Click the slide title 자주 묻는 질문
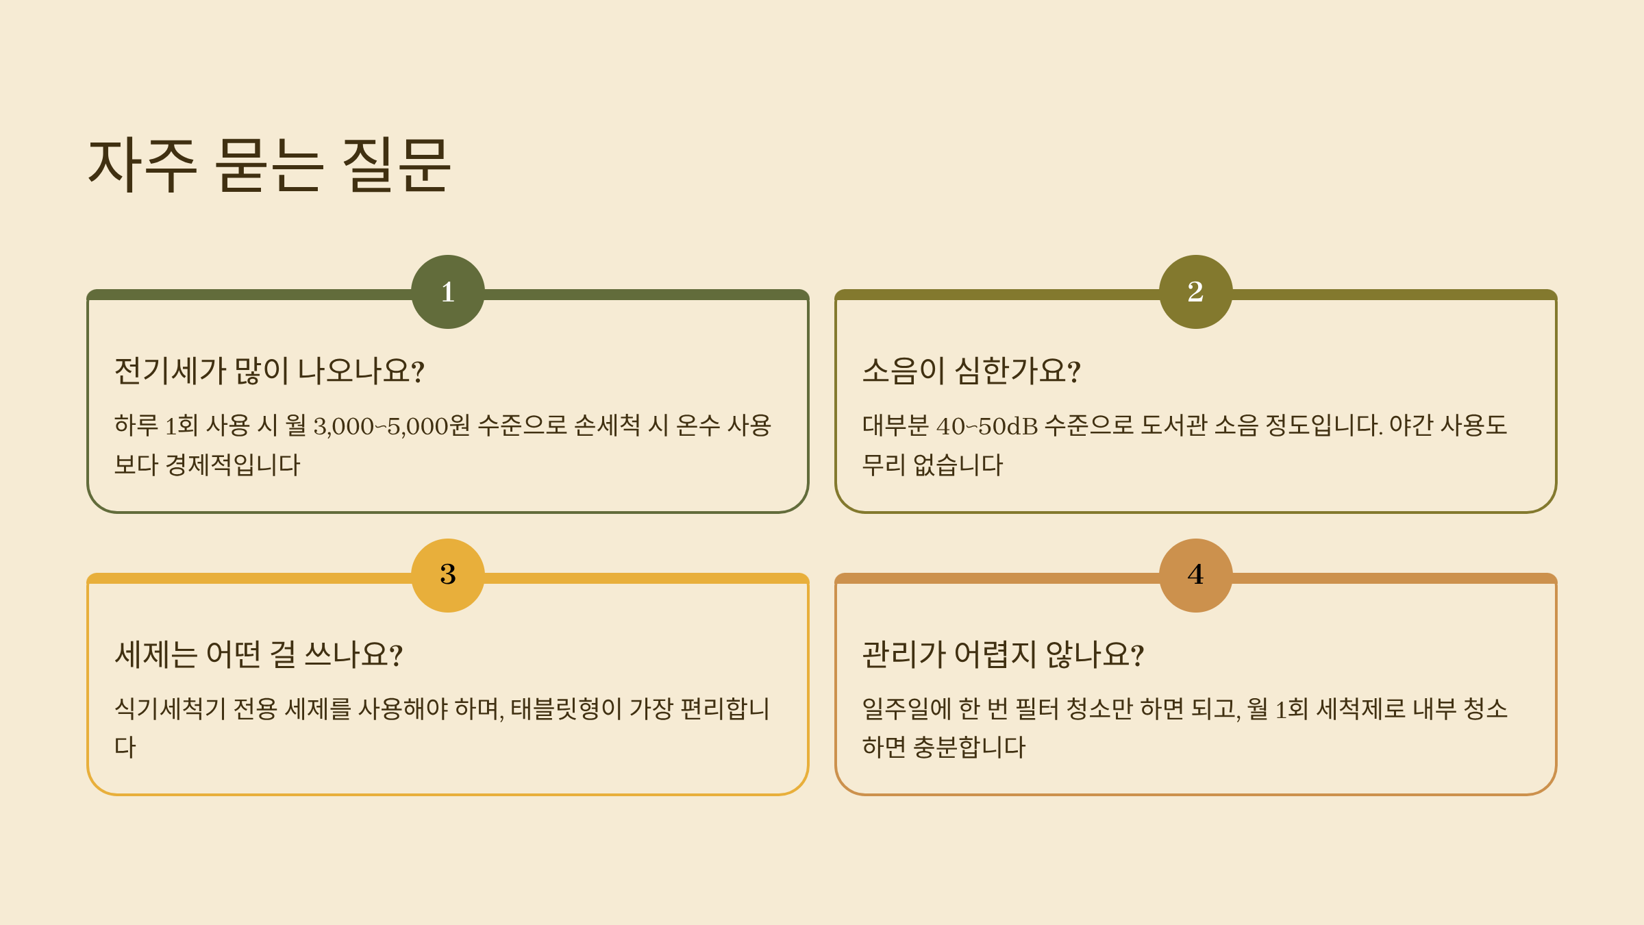[x=269, y=164]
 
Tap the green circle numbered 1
[x=448, y=292]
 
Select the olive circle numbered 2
[x=1195, y=292]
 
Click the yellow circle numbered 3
[x=448, y=575]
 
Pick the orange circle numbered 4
[x=1195, y=575]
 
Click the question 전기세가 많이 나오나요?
[x=269, y=371]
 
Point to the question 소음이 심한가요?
[x=971, y=371]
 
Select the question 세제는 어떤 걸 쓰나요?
[x=258, y=654]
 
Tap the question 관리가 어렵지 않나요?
[x=1002, y=654]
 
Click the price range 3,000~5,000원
[x=391, y=425]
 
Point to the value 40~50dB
[x=986, y=425]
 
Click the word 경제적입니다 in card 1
[x=233, y=465]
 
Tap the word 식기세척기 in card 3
[x=170, y=708]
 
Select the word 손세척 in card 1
[x=607, y=425]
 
